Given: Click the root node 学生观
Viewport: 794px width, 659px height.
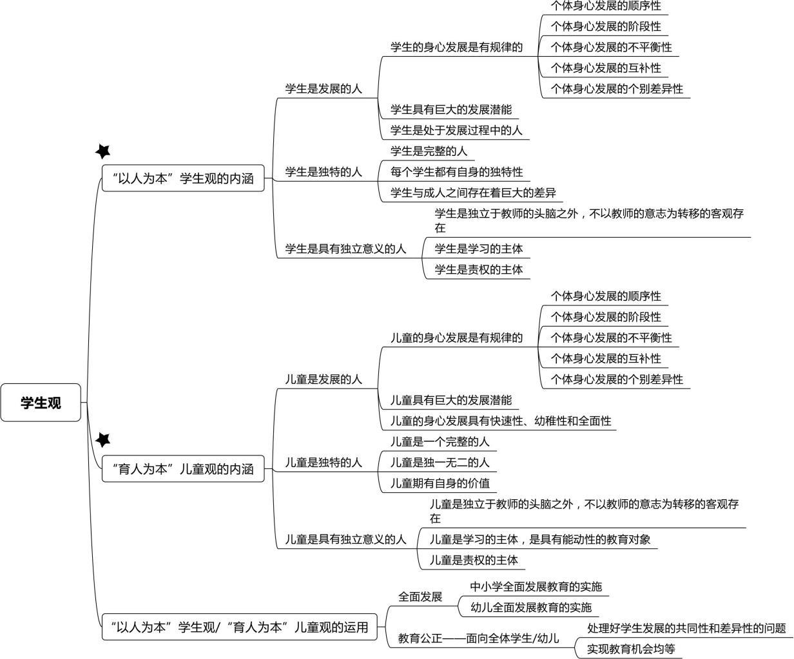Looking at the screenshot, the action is (x=41, y=403).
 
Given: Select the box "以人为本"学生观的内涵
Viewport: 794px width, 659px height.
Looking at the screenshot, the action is (x=183, y=178).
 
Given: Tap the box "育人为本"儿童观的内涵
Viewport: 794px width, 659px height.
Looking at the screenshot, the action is (x=183, y=469).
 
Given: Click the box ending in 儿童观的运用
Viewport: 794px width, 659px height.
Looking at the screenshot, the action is (x=239, y=627).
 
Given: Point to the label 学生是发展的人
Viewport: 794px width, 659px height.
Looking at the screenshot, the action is (x=324, y=89).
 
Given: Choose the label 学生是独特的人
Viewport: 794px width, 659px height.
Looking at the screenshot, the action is (x=324, y=172).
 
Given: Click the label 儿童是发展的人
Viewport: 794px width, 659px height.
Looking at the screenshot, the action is (x=324, y=379).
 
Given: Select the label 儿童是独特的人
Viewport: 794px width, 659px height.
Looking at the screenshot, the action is (x=324, y=463).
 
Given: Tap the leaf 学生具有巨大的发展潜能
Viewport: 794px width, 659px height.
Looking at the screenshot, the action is (x=451, y=110).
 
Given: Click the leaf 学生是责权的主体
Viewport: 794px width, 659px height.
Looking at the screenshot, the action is (x=478, y=269).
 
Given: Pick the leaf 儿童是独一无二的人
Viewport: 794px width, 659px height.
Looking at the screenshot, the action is (x=440, y=463).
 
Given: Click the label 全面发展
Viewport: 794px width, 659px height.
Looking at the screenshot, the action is (x=420, y=597).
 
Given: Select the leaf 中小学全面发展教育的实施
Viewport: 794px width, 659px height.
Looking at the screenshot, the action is (x=536, y=587).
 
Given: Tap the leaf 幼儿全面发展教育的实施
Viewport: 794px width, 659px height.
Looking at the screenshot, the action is (x=530, y=607).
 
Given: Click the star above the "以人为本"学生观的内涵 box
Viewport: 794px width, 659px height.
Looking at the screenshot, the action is (x=103, y=151).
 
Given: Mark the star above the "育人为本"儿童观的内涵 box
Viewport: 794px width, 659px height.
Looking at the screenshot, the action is (x=103, y=440).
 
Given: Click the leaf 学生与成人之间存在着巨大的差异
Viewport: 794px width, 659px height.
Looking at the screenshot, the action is (x=473, y=193).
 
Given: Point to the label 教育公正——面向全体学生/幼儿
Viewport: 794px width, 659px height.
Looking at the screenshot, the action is (x=478, y=638).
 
